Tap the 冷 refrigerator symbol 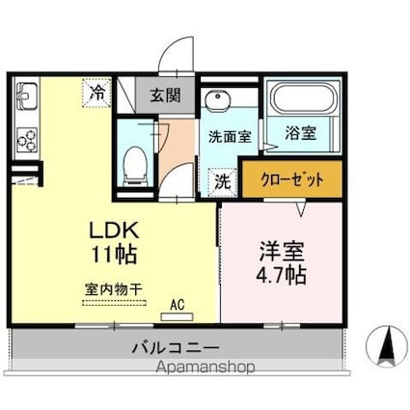coord(98,93)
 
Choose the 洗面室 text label coord(230,136)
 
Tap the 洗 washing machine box coord(221,179)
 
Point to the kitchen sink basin coord(27,97)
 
